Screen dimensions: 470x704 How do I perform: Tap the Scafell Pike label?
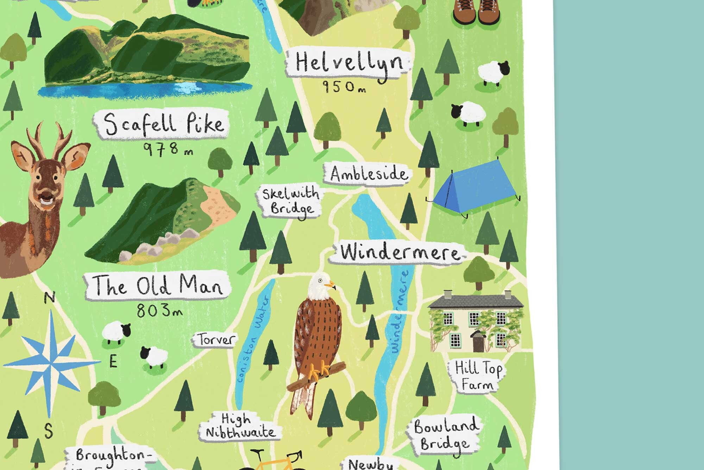163,124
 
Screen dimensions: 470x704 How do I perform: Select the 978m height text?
168,149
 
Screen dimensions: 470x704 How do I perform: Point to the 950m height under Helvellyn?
344,87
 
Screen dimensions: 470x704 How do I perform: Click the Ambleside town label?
367,174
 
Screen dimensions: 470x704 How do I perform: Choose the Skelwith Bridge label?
291,201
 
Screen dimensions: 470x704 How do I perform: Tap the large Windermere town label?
399,252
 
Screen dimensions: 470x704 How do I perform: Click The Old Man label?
157,285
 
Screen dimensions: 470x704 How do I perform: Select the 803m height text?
159,311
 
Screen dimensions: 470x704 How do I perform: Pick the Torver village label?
215,340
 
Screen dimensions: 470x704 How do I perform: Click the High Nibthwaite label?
240,426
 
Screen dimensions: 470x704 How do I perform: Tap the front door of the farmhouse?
478,343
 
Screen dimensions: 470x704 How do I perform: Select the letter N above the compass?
50,298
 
